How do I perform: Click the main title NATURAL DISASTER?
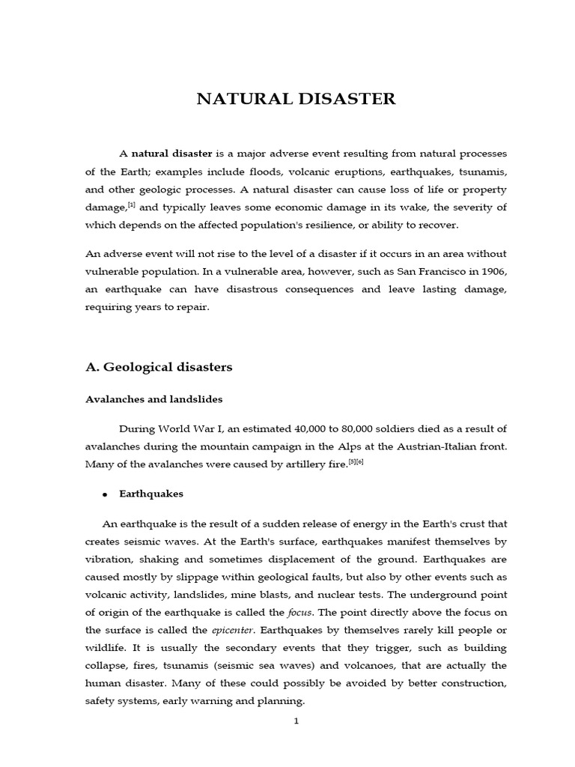[x=296, y=99]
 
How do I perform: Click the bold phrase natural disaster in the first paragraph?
[x=172, y=154]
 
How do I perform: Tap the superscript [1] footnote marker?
[x=131, y=204]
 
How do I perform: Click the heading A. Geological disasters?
[x=159, y=367]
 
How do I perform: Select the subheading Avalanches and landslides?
[x=153, y=399]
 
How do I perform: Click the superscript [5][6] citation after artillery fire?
[x=356, y=462]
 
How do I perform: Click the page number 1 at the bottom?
[x=296, y=721]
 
